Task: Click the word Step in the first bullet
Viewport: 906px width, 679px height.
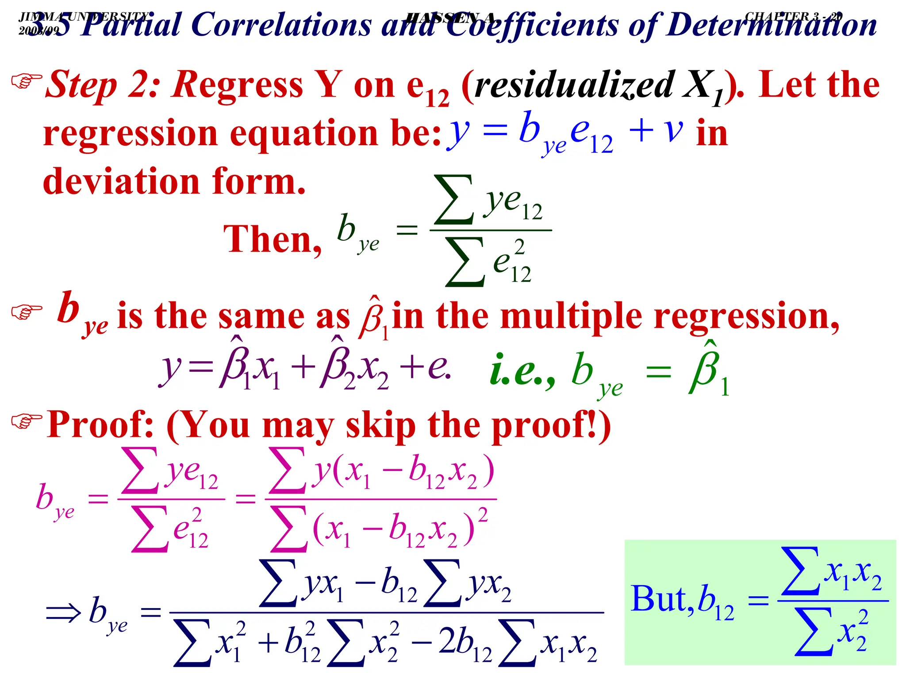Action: pyautogui.click(x=82, y=85)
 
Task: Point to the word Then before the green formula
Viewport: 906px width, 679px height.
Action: pyautogui.click(x=273, y=239)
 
